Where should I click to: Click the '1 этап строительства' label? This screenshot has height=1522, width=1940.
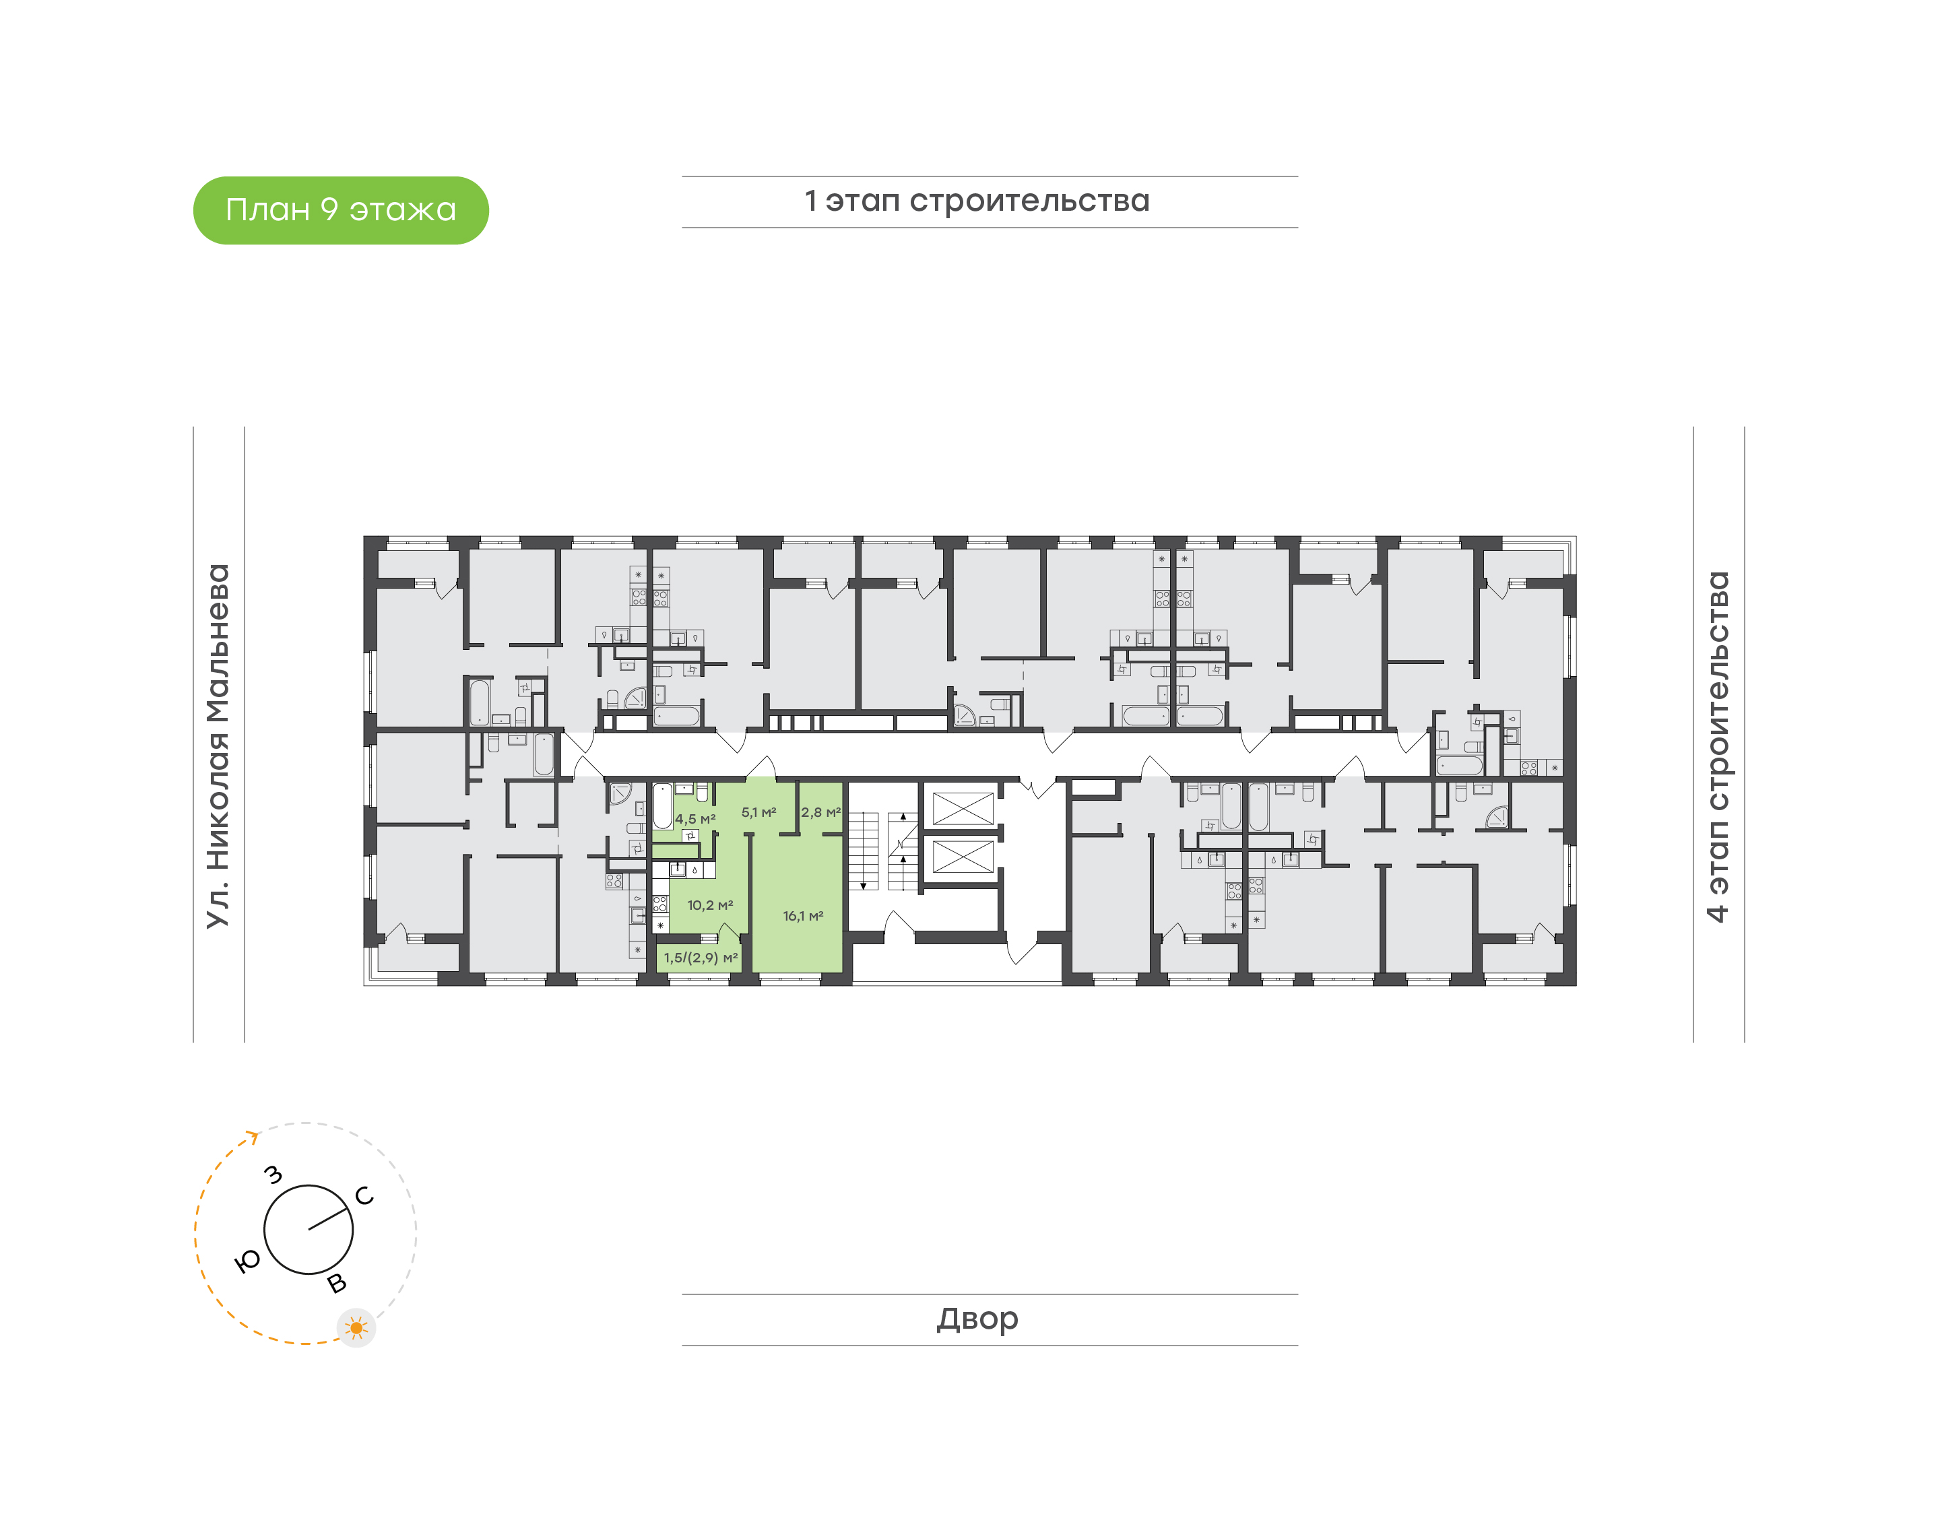coord(977,201)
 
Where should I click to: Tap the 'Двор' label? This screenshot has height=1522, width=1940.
coord(977,1319)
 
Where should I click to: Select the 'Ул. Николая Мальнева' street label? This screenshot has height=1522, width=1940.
coord(218,746)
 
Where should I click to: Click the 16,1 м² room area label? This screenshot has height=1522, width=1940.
coord(803,915)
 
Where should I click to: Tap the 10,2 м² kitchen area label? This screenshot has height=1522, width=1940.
coord(710,904)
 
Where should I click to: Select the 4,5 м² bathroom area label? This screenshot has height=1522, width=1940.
coord(695,818)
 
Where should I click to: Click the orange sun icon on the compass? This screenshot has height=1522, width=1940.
coord(356,1328)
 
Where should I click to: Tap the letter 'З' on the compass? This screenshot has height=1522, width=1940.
coord(273,1174)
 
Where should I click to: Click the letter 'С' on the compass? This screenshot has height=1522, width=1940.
coord(364,1196)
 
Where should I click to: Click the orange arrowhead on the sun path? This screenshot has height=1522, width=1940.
coord(254,1136)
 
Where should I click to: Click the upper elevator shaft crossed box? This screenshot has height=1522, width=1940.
coord(963,808)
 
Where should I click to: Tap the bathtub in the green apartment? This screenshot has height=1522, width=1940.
coord(662,805)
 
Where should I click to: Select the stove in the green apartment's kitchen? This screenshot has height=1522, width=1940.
coord(660,904)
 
